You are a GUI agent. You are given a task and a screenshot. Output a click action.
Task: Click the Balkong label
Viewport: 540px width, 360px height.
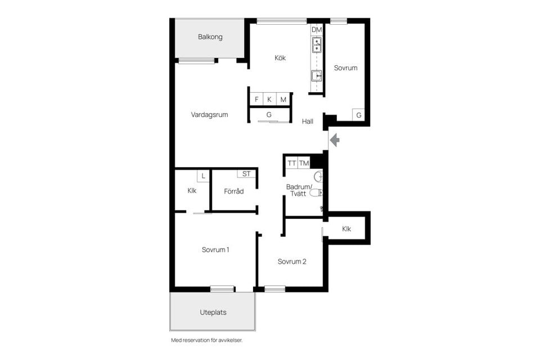pos(210,37)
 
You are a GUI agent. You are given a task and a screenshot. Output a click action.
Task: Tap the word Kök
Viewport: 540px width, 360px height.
pos(280,57)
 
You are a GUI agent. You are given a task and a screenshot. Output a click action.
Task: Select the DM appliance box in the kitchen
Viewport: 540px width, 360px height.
pos(317,29)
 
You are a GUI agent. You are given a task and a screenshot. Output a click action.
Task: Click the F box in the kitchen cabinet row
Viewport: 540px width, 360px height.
pos(256,100)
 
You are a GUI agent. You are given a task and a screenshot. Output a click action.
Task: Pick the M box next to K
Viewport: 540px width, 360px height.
pos(283,100)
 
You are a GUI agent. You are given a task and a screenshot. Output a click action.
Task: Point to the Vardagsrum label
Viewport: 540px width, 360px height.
pos(209,115)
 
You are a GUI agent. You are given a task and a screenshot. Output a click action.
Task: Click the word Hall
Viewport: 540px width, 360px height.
pos(307,121)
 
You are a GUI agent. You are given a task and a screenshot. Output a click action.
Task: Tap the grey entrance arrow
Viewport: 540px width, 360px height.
pos(334,139)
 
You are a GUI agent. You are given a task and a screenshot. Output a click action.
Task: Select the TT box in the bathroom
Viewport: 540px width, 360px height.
pos(291,163)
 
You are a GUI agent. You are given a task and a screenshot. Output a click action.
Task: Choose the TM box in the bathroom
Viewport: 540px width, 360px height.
pos(304,163)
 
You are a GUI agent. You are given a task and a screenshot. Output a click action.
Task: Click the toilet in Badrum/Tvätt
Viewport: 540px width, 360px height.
pos(318,193)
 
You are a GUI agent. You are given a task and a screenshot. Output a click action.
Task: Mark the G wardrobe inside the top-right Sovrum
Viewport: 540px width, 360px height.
pos(359,115)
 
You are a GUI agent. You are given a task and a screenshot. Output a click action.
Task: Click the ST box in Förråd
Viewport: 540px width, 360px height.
pos(246,174)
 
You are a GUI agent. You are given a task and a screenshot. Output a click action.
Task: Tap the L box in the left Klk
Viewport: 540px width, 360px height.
pos(203,176)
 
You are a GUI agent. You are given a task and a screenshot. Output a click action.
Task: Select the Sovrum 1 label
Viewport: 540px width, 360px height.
pos(215,250)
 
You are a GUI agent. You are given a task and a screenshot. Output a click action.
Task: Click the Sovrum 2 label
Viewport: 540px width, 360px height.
pos(292,262)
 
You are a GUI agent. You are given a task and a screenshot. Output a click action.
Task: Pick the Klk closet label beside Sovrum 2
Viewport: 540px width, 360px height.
pos(346,229)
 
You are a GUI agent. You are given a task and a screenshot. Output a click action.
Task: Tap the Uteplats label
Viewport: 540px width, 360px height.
pos(213,312)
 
